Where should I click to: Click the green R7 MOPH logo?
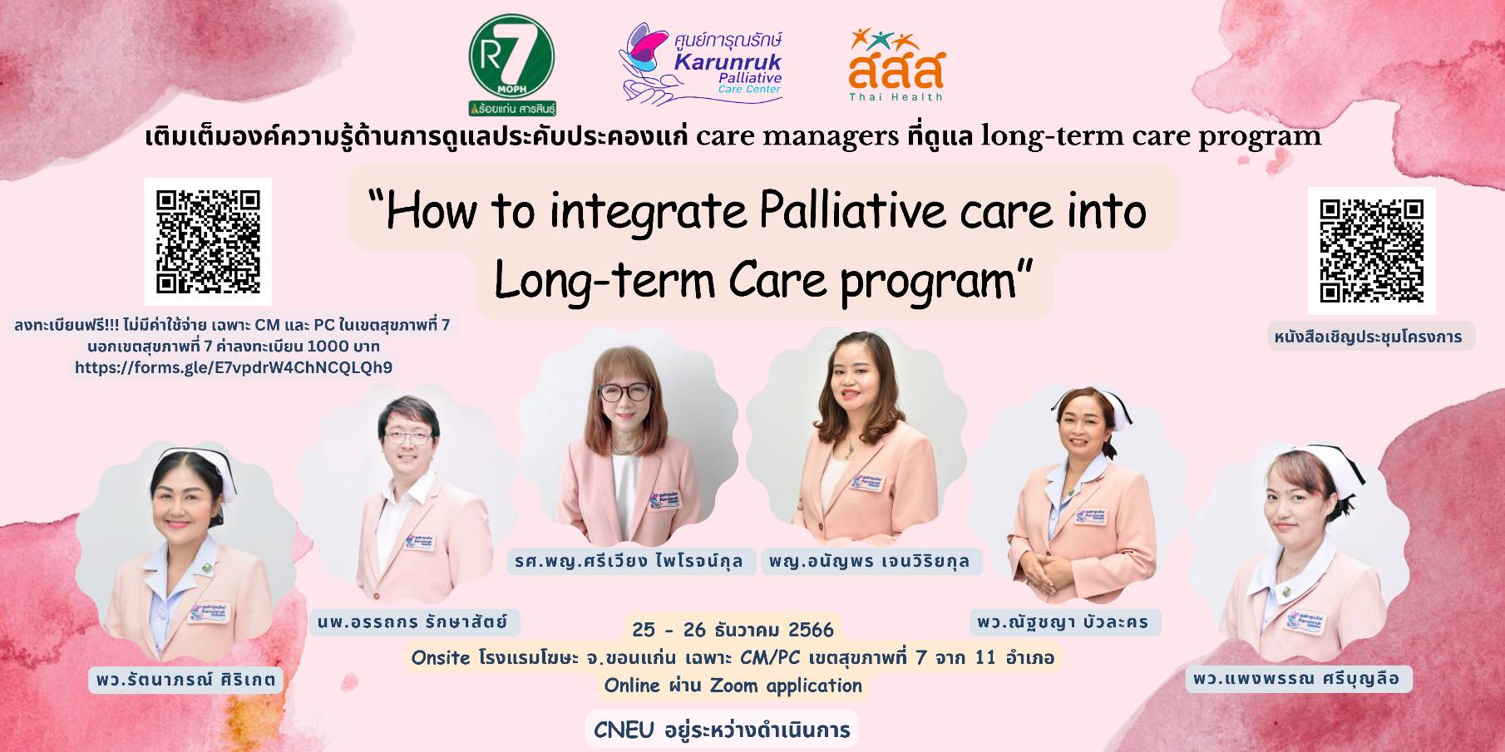click(x=512, y=65)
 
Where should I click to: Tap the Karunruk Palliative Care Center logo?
click(x=702, y=64)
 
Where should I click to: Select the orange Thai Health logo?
click(x=896, y=65)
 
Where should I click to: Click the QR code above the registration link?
click(x=208, y=241)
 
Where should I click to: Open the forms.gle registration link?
click(x=234, y=366)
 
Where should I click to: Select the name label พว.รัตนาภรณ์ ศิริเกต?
click(x=185, y=679)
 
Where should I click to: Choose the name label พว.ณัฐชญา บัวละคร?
click(x=1063, y=622)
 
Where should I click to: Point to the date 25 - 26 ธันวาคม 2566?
click(x=733, y=629)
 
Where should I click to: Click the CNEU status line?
click(x=722, y=730)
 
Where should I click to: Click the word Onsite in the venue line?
click(x=441, y=657)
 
